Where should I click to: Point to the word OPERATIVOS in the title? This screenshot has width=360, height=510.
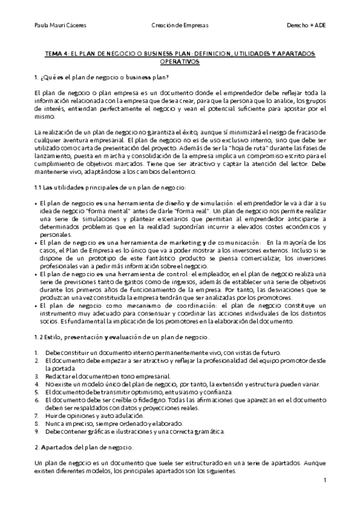click(x=180, y=61)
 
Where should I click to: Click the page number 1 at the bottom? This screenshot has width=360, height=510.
click(x=325, y=481)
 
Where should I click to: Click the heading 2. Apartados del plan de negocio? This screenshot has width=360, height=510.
click(x=84, y=448)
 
